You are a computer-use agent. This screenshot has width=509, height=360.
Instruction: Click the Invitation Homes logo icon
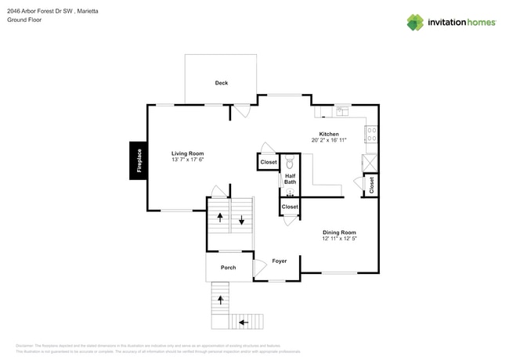(x=415, y=22)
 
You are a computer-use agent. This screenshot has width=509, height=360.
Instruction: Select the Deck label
(x=222, y=83)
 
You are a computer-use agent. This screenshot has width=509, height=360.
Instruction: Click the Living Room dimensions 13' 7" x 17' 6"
(x=188, y=160)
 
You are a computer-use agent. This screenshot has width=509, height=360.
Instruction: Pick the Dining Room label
(x=339, y=232)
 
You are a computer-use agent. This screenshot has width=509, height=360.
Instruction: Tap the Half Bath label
(x=290, y=179)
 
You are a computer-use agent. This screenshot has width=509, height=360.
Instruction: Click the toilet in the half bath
(x=290, y=164)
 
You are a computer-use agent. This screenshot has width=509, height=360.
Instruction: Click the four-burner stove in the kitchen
(x=371, y=134)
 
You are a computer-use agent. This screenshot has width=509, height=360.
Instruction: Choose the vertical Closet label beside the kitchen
(x=371, y=185)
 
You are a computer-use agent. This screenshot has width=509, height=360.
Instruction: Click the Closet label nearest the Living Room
(x=269, y=162)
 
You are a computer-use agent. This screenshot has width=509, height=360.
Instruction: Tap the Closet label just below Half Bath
(x=290, y=207)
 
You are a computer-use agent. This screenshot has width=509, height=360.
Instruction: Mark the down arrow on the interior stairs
(x=242, y=219)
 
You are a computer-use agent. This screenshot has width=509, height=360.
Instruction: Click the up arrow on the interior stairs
(x=220, y=217)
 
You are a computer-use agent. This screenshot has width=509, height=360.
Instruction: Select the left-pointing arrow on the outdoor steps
(x=243, y=321)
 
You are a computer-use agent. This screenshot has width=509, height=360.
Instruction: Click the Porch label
(x=228, y=268)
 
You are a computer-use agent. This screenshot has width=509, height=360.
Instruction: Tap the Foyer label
(x=279, y=261)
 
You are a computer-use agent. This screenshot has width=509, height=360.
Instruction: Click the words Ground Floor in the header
(x=24, y=20)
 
